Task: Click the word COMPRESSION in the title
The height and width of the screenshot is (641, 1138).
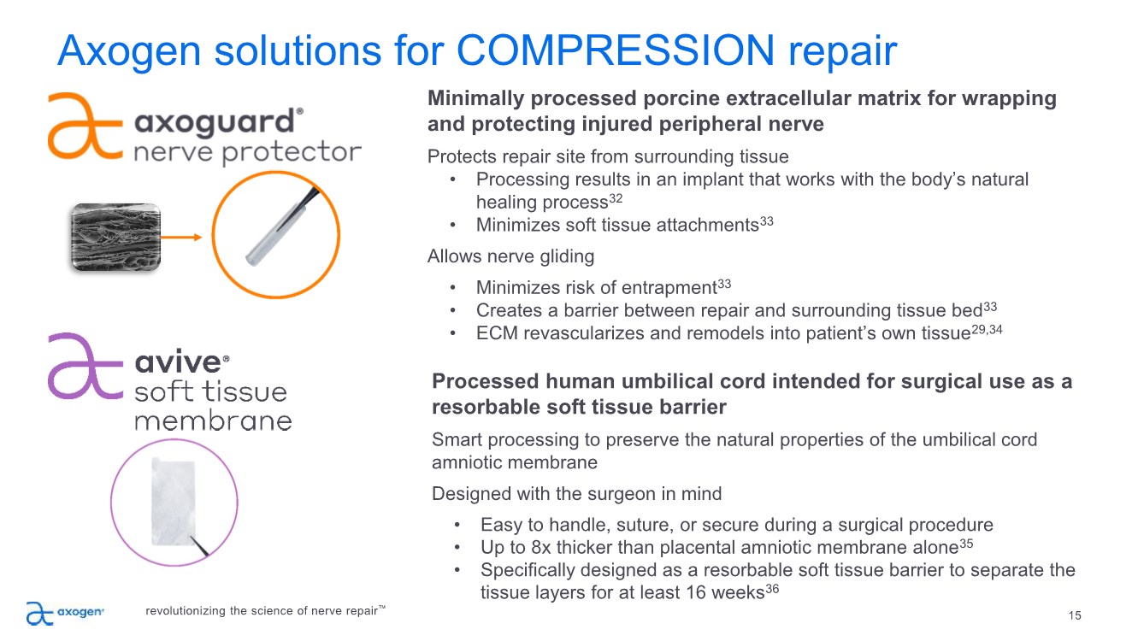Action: (616, 50)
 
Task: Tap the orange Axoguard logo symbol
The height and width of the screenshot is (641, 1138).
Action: (85, 125)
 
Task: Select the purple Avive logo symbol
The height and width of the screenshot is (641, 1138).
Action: (85, 365)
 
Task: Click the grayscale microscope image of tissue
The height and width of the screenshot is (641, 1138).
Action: (115, 237)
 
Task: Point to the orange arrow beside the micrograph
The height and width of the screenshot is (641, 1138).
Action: (181, 237)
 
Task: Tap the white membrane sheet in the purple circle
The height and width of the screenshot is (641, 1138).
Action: (174, 503)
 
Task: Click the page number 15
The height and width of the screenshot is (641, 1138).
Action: (1075, 615)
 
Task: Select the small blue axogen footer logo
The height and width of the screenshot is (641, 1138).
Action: (65, 613)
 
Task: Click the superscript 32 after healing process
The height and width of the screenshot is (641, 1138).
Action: (616, 197)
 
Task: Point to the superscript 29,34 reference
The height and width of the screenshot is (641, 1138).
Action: (987, 329)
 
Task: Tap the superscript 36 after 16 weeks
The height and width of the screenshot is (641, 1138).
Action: (772, 588)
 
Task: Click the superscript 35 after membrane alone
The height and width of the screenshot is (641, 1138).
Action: (966, 543)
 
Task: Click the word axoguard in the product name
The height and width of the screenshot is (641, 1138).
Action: (215, 122)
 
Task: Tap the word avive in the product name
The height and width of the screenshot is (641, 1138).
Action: (179, 362)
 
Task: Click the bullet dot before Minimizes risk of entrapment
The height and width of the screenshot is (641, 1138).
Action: (452, 287)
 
